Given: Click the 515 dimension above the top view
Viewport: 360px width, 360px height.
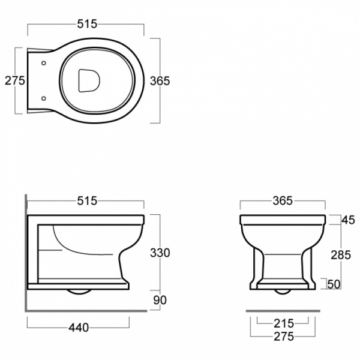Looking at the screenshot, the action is pos(87,24).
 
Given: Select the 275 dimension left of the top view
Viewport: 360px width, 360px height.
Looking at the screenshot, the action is pos(15,80).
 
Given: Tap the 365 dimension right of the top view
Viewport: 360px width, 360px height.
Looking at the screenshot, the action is pos(160,81).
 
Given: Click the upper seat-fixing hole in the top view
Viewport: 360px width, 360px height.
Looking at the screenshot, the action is pos(44,63).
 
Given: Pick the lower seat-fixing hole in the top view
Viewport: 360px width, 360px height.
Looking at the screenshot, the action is pos(44,98).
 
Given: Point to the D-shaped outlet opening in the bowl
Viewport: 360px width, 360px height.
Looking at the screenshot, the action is pos(89,80).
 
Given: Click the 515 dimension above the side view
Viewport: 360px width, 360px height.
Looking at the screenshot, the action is pos(87,201).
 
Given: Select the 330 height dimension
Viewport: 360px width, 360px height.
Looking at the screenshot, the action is pos(160,253).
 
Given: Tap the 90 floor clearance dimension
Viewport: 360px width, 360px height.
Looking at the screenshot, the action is pos(160,300).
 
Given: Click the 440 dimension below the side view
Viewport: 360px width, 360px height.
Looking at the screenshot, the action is pos(79,328).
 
